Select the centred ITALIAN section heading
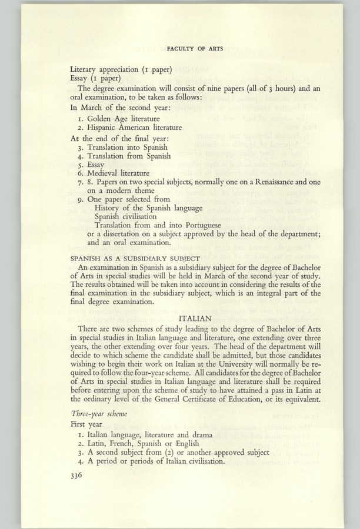click(x=195, y=318)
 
